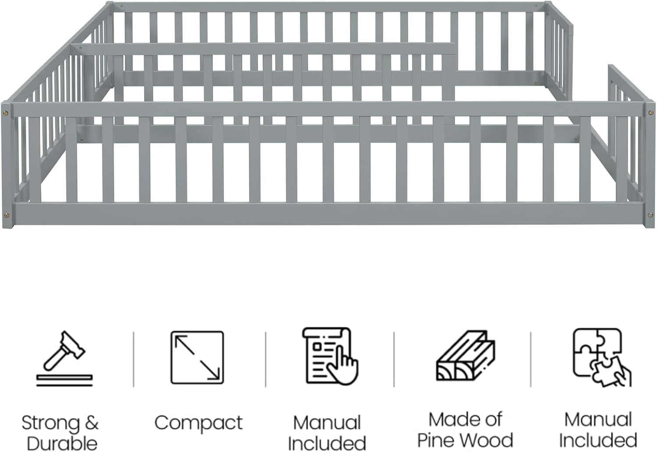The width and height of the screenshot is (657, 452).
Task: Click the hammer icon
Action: [64, 359]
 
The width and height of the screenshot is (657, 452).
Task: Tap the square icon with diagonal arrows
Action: [197, 358]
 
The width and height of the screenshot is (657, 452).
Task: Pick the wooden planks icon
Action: [466, 356]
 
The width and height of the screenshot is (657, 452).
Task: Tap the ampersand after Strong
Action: [92, 423]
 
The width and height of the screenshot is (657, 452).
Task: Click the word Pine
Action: [435, 440]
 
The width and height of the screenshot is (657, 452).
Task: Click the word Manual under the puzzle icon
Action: [598, 420]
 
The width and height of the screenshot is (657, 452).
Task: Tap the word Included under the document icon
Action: [327, 443]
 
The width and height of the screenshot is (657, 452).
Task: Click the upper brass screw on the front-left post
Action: [7, 113]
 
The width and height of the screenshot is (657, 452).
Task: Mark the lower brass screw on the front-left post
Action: [7, 216]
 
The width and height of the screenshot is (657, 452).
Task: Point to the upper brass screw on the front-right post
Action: [651, 112]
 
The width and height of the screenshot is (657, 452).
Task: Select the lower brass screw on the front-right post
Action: [651, 215]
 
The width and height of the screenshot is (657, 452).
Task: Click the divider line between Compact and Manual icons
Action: [265, 359]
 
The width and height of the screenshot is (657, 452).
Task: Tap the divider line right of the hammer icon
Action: [134, 359]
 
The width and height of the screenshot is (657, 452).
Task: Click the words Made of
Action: [466, 420]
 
